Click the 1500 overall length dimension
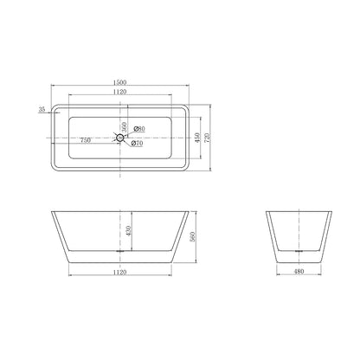coord(120,82)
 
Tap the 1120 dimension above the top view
coord(120,92)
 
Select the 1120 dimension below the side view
coord(120,272)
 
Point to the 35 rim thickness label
coord(42,109)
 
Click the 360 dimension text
coord(124,127)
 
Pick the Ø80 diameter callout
coord(139,129)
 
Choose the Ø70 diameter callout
coord(137,143)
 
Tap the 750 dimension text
coord(86,140)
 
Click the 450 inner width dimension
coord(197,138)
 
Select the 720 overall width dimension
coord(208,138)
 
